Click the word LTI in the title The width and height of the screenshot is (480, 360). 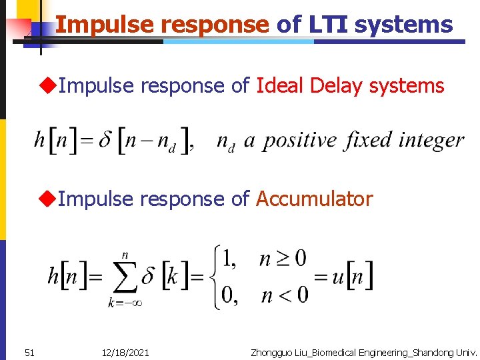click(328, 25)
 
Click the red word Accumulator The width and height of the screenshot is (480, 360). click(314, 199)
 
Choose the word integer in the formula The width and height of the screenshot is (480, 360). click(431, 141)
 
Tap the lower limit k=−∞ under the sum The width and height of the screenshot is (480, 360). click(125, 303)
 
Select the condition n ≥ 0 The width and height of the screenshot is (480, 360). click(283, 258)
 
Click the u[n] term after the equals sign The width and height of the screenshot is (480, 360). click(353, 276)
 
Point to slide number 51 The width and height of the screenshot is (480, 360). click(29, 352)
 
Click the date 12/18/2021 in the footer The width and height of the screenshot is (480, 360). click(126, 352)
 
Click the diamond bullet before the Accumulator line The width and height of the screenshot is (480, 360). click(47, 199)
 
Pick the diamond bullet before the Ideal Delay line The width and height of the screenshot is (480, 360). click(47, 86)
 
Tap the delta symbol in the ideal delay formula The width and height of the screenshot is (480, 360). click(105, 141)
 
